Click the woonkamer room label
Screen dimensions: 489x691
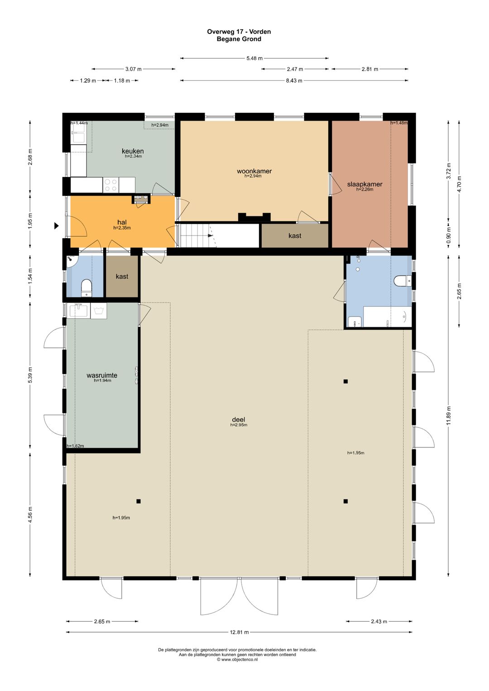tap(254, 171)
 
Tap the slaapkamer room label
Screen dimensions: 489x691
tap(364, 184)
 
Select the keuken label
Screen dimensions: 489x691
tap(133, 151)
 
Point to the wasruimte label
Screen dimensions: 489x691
tap(102, 375)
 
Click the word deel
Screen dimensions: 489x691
tap(239, 419)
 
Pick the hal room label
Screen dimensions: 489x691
tap(122, 222)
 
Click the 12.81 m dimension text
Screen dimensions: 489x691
tap(240, 632)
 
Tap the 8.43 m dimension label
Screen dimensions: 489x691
tap(294, 81)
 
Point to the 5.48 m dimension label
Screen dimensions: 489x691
tap(254, 58)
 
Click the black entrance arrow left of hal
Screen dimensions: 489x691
tap(57, 226)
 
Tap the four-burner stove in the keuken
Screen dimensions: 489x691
tap(111, 185)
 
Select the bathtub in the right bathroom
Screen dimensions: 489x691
tap(388, 317)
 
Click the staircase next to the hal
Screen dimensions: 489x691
tap(198, 235)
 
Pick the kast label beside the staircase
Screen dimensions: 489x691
tap(295, 235)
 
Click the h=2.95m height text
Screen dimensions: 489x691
tap(239, 425)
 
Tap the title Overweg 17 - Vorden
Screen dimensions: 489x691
tap(239, 31)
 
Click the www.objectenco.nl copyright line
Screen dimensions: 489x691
tap(237, 660)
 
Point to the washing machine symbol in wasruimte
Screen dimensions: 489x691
tap(99, 311)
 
